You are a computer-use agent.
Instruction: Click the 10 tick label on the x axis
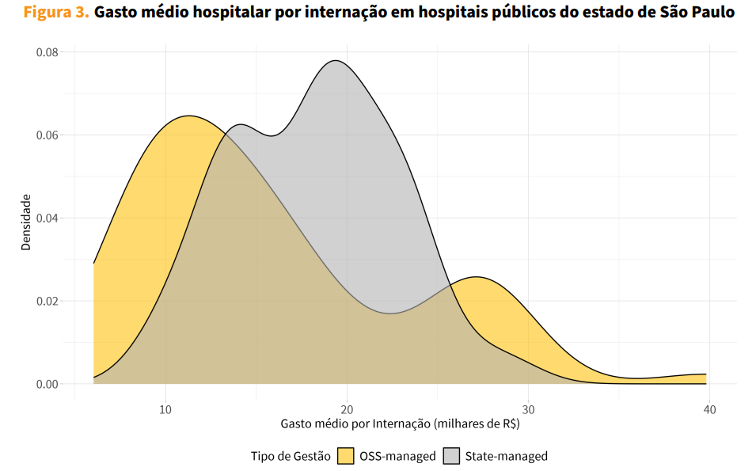tap(165, 409)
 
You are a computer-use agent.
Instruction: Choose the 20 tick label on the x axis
tap(347, 409)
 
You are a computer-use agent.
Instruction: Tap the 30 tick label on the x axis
tap(528, 409)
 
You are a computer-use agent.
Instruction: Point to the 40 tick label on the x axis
tap(709, 409)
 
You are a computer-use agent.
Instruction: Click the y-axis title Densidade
tap(26, 222)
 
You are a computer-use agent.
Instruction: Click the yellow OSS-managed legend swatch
tap(346, 456)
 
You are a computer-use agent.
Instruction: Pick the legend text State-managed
tap(506, 456)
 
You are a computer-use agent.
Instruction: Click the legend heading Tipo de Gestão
tap(291, 456)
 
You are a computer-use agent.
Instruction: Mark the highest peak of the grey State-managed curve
tap(336, 61)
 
